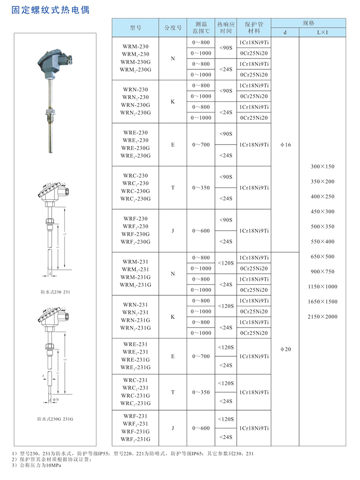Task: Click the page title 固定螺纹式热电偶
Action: (x=50, y=10)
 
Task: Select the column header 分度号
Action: (x=173, y=27)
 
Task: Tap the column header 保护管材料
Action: (x=254, y=27)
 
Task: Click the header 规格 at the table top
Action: (x=308, y=23)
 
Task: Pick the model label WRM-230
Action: (x=135, y=46)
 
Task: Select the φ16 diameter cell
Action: (x=285, y=145)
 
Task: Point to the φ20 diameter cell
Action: (x=285, y=349)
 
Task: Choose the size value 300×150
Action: (x=323, y=167)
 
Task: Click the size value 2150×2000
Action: (x=323, y=317)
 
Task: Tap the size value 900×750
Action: (x=323, y=272)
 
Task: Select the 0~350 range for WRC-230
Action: (x=201, y=187)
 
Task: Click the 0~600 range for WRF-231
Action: (x=201, y=428)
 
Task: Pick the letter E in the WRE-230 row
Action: (x=173, y=145)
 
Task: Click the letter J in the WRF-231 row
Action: (x=173, y=428)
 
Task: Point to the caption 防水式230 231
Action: (x=55, y=292)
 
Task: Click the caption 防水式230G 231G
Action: (x=55, y=418)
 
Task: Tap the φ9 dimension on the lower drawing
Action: (x=56, y=399)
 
